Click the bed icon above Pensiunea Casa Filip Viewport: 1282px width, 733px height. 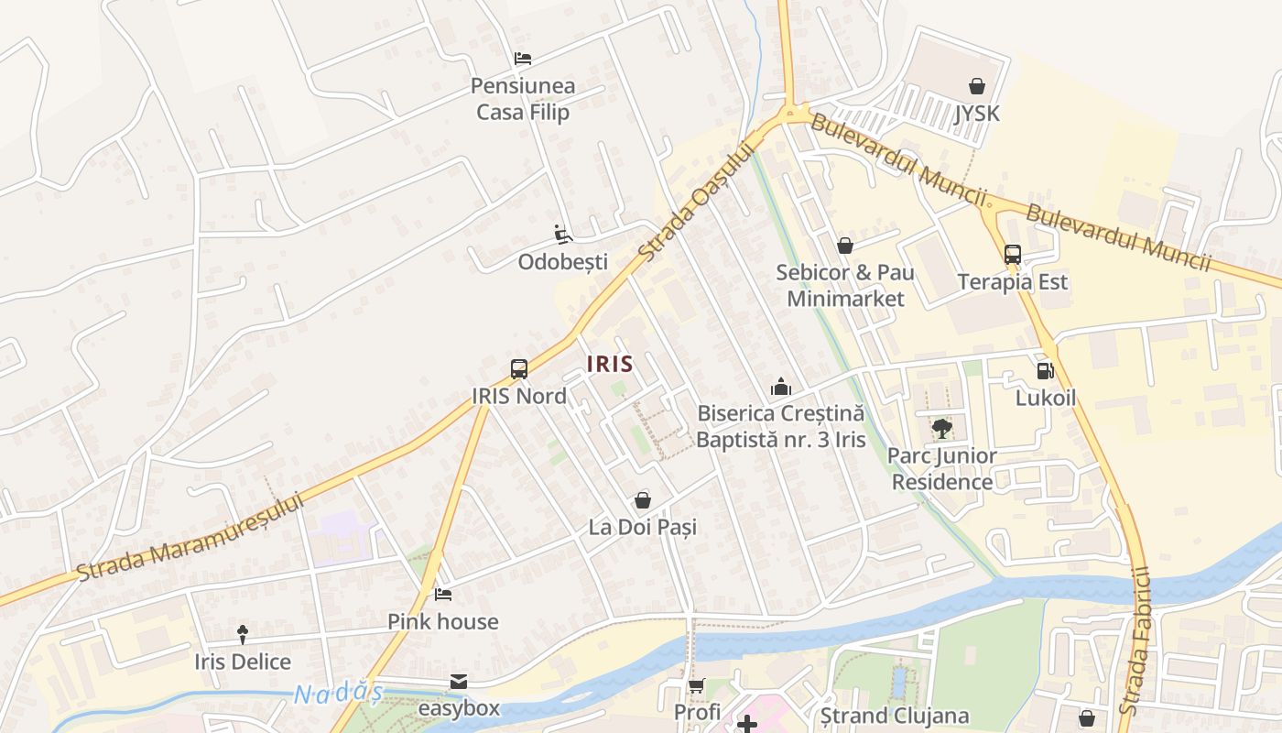[522, 59]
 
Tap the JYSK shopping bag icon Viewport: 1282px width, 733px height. [977, 86]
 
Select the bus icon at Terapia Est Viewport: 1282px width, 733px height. [1012, 255]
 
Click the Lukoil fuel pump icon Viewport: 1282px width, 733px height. [1045, 371]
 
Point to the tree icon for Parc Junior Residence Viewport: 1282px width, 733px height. [941, 428]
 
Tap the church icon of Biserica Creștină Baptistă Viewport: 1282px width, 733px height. [780, 387]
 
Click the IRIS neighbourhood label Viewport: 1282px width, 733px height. [610, 364]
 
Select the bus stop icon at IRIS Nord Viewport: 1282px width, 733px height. [519, 369]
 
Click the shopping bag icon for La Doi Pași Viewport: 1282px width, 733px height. [642, 500]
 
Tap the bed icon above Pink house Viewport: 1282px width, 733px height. [443, 595]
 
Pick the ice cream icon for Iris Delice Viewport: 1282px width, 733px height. [243, 634]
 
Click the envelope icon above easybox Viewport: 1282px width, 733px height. [459, 682]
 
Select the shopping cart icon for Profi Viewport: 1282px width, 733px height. [697, 685]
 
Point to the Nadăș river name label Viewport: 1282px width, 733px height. [338, 694]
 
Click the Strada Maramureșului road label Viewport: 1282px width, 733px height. [190, 537]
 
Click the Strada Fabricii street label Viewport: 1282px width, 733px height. [1135, 641]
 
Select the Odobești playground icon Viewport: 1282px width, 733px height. [563, 235]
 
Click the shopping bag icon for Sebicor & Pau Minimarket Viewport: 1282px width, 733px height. [844, 246]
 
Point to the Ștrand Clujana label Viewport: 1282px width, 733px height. [894, 716]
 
